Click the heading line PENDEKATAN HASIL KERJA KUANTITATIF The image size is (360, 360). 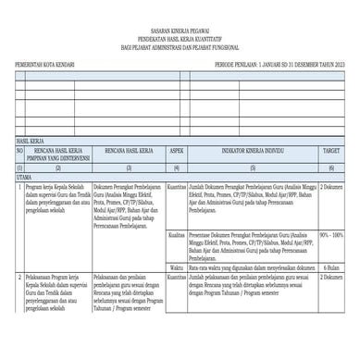pyautogui.click(x=180, y=37)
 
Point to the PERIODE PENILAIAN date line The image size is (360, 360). pyautogui.click(x=276, y=68)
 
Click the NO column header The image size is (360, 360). pyautogui.click(x=19, y=151)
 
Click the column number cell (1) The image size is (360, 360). pyautogui.click(x=19, y=168)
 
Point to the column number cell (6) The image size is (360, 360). pyautogui.click(x=330, y=168)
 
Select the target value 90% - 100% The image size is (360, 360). pyautogui.click(x=330, y=235)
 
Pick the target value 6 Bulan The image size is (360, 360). pyautogui.click(x=330, y=267)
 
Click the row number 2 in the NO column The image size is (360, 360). pyautogui.click(x=19, y=277)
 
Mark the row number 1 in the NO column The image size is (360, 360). pyautogui.click(x=19, y=186)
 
